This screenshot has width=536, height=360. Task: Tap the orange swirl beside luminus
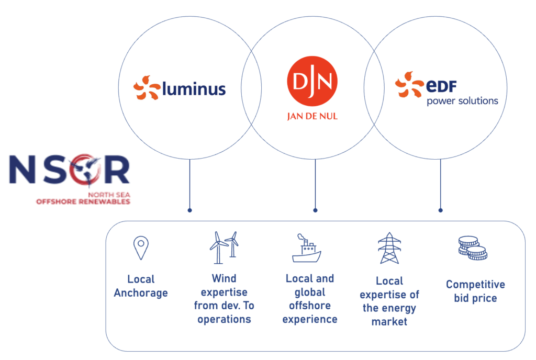(146, 87)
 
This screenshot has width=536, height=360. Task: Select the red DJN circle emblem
(312, 81)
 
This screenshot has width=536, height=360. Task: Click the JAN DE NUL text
(312, 116)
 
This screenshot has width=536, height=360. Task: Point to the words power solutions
(462, 100)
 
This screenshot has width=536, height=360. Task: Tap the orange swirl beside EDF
(409, 85)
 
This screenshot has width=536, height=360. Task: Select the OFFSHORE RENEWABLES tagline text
(83, 201)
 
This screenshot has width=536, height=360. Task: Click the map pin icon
(140, 248)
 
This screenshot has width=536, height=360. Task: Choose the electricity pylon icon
(389, 248)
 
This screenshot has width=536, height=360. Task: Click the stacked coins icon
(472, 248)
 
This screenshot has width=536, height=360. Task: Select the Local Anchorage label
(141, 286)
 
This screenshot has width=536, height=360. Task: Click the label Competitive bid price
(475, 291)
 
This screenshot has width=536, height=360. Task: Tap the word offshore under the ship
(309, 306)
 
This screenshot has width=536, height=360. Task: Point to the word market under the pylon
(389, 322)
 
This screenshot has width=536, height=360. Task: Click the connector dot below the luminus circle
(189, 210)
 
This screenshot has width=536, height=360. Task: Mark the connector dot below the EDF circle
(440, 210)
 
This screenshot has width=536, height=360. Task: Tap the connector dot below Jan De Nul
(315, 210)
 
